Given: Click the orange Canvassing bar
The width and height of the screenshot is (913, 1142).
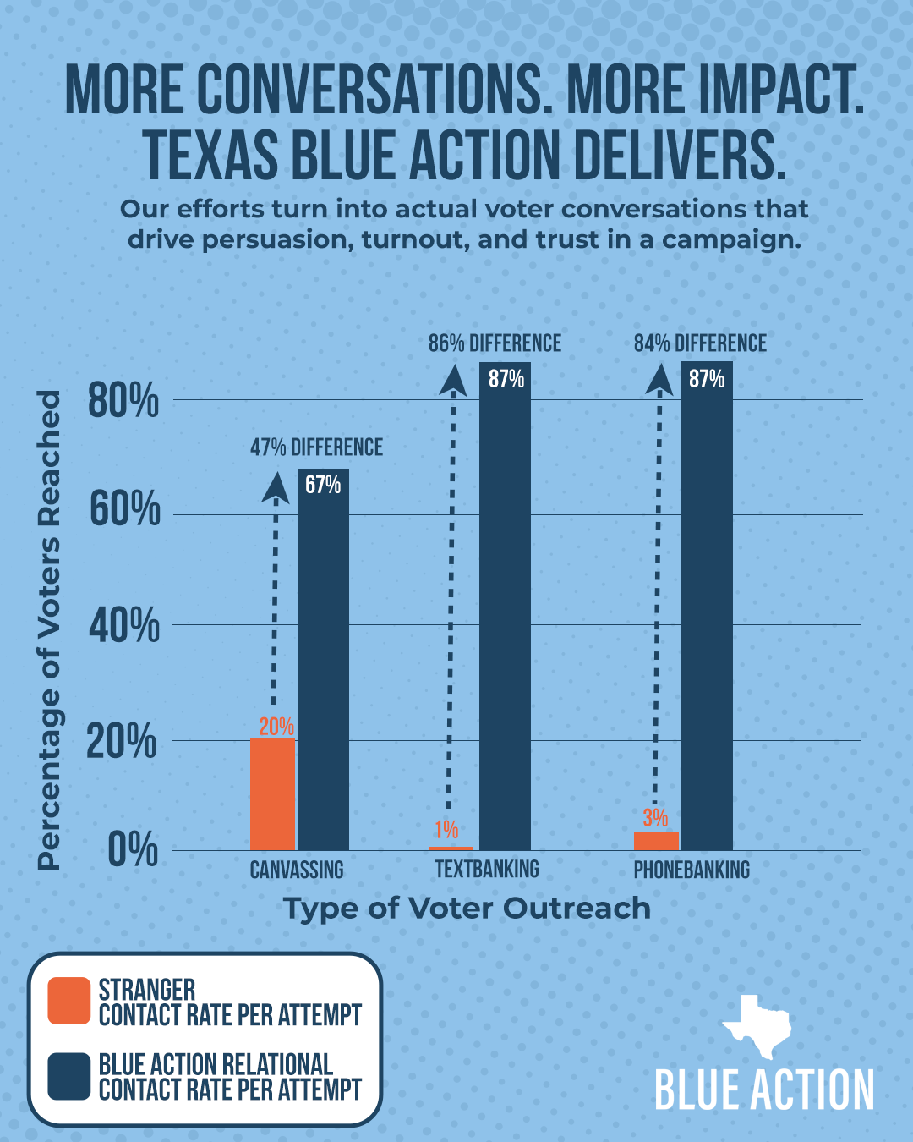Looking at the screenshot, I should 272,794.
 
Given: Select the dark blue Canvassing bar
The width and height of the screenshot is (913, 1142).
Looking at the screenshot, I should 323,668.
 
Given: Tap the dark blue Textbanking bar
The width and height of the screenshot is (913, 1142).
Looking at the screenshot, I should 505,609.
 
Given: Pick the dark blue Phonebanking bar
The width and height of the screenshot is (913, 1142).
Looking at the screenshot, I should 707,609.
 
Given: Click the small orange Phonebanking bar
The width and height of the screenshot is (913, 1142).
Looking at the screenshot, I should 656,841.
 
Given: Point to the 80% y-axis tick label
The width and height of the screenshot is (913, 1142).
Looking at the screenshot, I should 123,401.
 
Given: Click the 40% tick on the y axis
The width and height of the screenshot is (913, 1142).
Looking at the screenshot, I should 123,626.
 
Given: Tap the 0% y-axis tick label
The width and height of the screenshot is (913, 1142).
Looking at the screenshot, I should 133,850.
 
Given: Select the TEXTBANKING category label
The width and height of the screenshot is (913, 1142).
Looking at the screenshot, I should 487,870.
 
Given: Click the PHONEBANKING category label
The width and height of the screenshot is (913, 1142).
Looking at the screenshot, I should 692,870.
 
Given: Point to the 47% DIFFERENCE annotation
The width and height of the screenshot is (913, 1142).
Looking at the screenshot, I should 316,447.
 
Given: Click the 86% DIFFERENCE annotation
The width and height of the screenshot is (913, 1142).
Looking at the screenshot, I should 495,343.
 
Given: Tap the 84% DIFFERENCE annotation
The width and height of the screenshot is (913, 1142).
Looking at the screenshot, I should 700,343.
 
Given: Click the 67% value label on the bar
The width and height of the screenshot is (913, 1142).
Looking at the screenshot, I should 323,485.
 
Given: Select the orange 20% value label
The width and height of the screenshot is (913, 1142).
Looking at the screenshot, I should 276,727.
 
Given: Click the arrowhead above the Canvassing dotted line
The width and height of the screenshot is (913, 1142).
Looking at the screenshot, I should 275,488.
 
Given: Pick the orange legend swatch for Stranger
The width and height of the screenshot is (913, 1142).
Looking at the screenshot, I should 69,1001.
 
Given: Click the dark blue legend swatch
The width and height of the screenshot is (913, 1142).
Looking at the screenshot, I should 69,1076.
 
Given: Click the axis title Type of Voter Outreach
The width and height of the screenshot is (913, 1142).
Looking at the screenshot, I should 467,909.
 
